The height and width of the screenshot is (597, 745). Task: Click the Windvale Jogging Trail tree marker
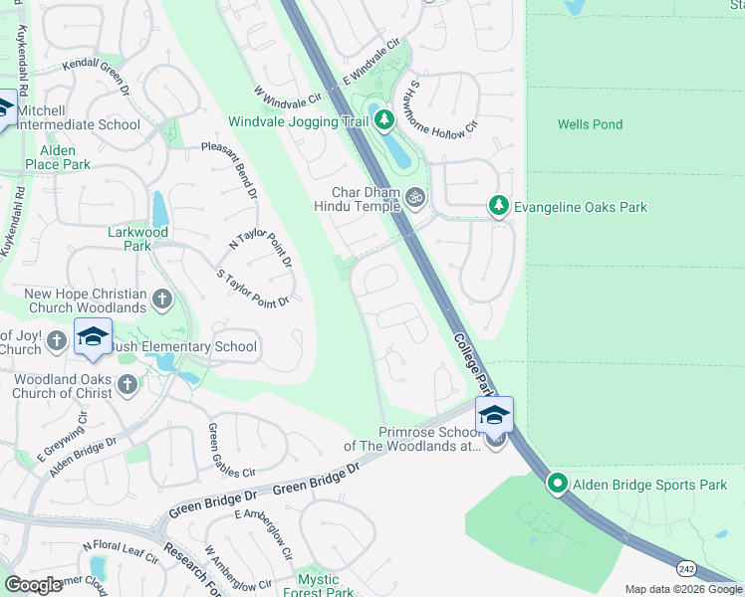[x=384, y=121]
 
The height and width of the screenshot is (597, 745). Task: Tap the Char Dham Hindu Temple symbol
[x=415, y=199]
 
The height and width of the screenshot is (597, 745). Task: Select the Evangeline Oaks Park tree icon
[x=499, y=206]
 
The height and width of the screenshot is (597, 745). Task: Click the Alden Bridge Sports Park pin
[x=558, y=485]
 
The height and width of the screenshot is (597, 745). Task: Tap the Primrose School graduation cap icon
[x=494, y=415]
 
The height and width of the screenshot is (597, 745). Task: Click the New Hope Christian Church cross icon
[x=162, y=298]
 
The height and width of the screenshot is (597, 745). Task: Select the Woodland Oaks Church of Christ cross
[x=126, y=385]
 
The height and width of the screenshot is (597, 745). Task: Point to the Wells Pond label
[x=590, y=124]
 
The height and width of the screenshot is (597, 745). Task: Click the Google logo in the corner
[x=33, y=585]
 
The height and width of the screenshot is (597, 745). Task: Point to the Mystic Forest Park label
[x=325, y=586]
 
